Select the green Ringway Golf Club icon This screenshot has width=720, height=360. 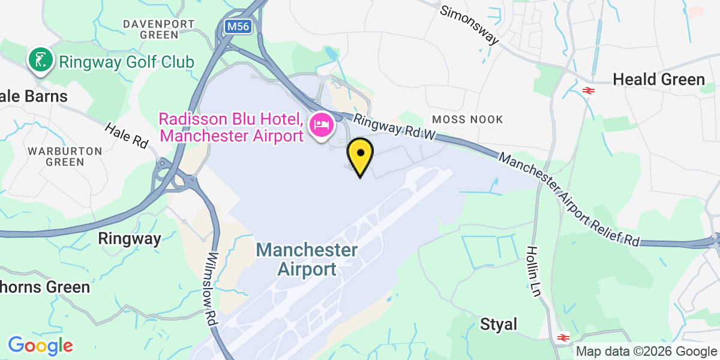pos(39,61)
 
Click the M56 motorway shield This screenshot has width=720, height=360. pos(238,26)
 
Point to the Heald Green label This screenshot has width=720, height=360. pos(658,80)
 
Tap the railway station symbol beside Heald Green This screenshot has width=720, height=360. pos(588,91)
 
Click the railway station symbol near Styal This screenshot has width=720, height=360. pos(562,337)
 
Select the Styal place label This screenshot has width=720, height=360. pos(499,325)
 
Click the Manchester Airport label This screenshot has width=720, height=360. pos(307,259)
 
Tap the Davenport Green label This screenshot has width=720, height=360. pos(159,29)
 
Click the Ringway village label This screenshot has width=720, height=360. pos(130,239)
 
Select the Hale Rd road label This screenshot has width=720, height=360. pos(127,136)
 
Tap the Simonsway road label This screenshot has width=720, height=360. pos(470,25)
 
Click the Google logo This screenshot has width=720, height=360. pos(40,346)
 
